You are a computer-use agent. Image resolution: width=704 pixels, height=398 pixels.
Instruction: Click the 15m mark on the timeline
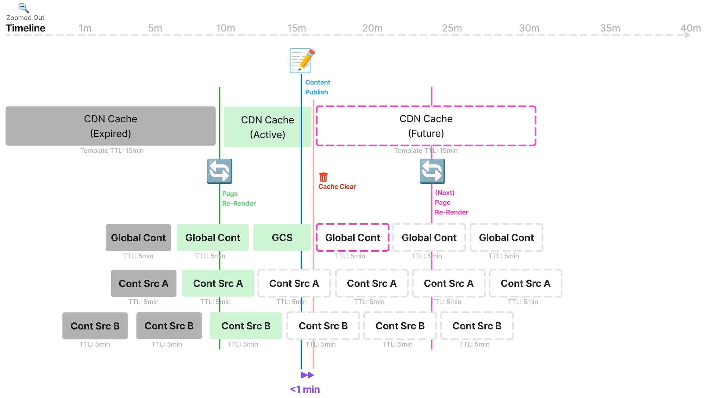(296, 28)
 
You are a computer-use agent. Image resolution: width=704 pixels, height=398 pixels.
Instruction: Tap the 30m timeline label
(529, 28)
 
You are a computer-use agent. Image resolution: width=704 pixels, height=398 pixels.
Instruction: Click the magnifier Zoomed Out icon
(24, 8)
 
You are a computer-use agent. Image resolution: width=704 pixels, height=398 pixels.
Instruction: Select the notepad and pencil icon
(302, 61)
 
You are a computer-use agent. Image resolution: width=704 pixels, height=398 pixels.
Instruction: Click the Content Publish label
(317, 87)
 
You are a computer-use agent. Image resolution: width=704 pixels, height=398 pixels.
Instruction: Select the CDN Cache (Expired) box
(111, 126)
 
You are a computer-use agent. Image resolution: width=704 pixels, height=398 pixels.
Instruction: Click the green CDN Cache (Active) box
(267, 127)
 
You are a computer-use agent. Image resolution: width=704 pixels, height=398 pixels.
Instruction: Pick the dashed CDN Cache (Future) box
(426, 126)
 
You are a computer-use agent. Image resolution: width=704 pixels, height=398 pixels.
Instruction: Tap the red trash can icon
(323, 177)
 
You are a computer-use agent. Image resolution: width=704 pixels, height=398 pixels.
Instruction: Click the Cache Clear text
(337, 187)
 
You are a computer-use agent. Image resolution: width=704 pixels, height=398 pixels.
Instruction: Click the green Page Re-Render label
(238, 198)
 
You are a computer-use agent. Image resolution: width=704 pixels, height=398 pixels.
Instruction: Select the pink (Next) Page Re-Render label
(451, 202)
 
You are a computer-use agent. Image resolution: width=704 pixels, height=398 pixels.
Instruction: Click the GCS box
(282, 238)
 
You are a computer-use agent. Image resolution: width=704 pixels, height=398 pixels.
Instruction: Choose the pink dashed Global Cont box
(352, 238)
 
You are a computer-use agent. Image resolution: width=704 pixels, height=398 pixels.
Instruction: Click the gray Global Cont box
(138, 238)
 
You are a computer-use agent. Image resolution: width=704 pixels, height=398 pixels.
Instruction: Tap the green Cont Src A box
(218, 283)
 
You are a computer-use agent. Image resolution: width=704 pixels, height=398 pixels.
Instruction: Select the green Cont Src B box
(246, 326)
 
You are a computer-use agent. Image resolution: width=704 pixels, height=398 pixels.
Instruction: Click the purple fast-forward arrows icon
(307, 375)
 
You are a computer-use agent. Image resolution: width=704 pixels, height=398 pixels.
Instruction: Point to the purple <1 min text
(305, 389)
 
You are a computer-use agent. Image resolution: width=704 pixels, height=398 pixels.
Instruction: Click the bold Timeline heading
(25, 28)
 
